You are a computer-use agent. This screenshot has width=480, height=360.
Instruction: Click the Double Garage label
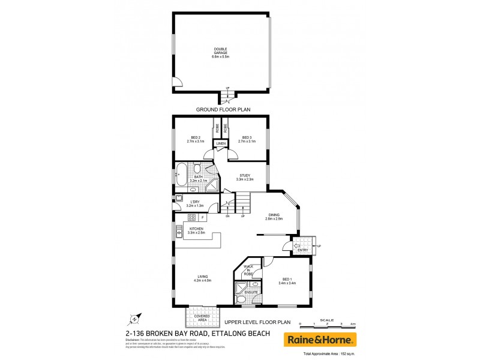pos(222,53)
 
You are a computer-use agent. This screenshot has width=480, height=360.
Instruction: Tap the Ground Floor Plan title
pos(223,110)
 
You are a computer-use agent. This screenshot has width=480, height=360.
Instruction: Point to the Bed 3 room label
pos(246,140)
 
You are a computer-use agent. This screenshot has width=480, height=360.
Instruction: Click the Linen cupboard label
pos(221,144)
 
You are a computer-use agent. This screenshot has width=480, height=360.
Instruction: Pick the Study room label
pos(245,177)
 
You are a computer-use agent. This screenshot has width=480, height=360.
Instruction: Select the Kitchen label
pos(197,230)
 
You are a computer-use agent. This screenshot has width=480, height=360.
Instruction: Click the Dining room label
pos(274,217)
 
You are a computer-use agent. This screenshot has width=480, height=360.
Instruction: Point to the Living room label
pos(202,278)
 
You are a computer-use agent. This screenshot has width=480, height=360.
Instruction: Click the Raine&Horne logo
pos(320,340)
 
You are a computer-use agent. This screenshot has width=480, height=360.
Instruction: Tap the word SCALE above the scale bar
pos(328,319)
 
